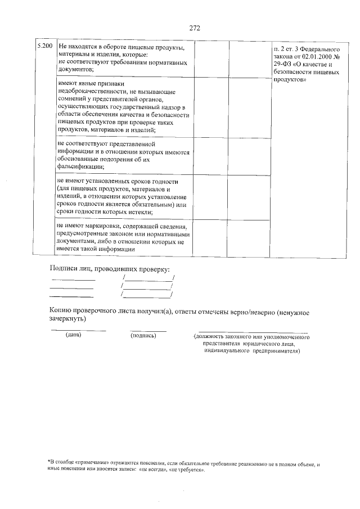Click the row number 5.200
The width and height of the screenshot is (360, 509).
(x=44, y=46)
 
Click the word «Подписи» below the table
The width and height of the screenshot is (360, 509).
(x=64, y=268)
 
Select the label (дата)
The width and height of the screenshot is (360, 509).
(x=74, y=336)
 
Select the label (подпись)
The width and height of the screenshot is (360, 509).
(x=143, y=336)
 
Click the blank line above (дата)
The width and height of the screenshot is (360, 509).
(x=78, y=330)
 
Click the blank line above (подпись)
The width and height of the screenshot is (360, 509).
(x=148, y=330)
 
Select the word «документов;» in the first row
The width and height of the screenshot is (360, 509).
(x=75, y=69)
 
